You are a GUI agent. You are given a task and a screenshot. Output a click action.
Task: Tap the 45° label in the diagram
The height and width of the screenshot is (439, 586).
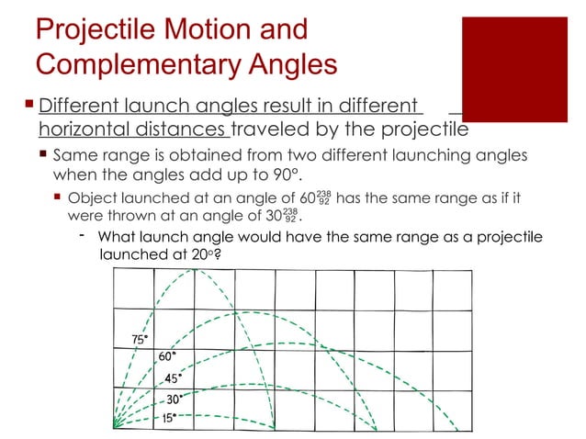coord(173,377)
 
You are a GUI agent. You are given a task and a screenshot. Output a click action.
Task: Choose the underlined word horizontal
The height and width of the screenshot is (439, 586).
coord(84,128)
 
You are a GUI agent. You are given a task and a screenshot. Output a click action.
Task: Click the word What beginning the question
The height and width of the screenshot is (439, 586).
coord(130,239)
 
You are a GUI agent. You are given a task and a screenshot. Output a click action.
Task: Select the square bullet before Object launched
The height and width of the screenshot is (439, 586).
coord(58,197)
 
